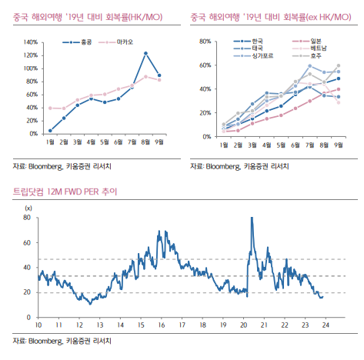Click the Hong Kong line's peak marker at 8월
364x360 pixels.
tap(145, 53)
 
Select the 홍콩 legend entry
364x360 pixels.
tap(77, 42)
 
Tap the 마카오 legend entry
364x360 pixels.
tap(115, 42)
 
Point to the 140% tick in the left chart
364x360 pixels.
tap(31, 42)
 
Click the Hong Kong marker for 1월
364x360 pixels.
tap(50, 131)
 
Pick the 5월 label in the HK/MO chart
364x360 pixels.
tap(105, 142)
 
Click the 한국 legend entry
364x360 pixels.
tap(248, 41)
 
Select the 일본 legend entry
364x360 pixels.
tap(307, 41)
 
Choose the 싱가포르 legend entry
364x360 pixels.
tap(253, 55)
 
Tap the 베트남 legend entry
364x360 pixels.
tap(309, 48)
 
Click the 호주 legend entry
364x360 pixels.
tap(307, 55)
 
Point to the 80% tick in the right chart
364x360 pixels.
tap(205, 42)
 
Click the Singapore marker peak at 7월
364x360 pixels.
tap(309, 66)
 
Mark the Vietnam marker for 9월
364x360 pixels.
tap(339, 102)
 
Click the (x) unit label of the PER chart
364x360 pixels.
tap(28, 208)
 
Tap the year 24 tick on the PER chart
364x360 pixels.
tap(326, 325)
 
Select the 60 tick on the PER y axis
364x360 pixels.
tap(27, 242)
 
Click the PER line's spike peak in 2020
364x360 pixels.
tap(252, 218)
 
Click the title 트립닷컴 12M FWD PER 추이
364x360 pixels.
tap(65, 192)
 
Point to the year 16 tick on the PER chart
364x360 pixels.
tap(162, 325)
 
